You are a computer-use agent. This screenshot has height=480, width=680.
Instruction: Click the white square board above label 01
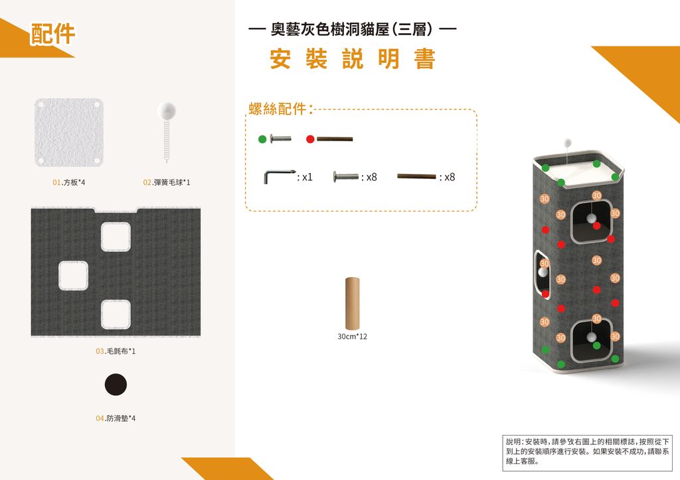coord(69,133)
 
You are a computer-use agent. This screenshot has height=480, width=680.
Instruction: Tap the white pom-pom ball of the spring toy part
coord(167,111)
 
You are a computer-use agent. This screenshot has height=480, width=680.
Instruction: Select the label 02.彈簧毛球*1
coord(167,182)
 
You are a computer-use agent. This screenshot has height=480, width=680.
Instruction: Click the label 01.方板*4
coord(69,182)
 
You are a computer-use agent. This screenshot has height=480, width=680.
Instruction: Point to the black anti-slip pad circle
coord(116,385)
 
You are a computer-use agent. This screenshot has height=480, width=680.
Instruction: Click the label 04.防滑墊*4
coord(116,418)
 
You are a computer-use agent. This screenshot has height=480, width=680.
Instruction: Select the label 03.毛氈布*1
coord(116,351)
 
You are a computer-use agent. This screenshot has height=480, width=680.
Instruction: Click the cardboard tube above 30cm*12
coord(352,304)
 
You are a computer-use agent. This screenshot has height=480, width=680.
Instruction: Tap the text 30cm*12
coord(352,337)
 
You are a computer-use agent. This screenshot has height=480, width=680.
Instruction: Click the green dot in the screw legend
coord(262,139)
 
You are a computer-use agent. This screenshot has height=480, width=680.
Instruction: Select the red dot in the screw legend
coord(310,139)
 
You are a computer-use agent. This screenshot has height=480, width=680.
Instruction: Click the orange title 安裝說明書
coord(352,58)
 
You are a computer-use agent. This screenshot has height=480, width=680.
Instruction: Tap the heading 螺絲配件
coord(278,109)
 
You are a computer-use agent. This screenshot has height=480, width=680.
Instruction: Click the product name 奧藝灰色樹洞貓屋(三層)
coord(352,29)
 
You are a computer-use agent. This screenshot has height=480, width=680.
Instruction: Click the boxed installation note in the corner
coord(588,452)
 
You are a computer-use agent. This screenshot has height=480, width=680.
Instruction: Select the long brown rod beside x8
coord(416,176)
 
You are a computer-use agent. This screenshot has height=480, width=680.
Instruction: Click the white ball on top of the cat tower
coord(567,142)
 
